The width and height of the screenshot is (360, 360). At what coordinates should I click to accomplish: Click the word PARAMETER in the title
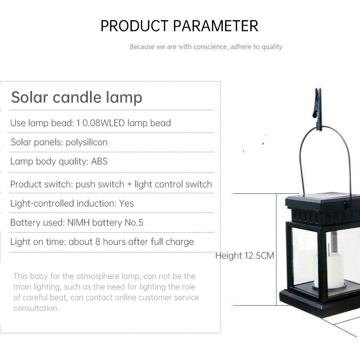216,26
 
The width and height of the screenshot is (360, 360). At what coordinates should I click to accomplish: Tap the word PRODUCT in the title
134,26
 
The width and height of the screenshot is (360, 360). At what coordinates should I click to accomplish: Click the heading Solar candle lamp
77,97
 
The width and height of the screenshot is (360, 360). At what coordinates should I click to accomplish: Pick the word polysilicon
87,142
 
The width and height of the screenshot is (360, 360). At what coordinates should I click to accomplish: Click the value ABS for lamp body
99,161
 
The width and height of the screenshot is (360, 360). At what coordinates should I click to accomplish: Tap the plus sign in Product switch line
129,184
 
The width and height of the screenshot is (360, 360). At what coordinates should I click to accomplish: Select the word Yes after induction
126,203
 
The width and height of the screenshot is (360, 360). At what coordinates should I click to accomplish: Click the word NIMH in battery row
78,223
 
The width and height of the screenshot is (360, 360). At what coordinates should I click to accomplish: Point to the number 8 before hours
98,242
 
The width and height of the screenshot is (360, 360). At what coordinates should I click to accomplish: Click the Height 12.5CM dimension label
245,256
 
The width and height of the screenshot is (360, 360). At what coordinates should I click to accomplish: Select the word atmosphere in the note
97,276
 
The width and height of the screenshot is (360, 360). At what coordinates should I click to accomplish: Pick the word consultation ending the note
36,308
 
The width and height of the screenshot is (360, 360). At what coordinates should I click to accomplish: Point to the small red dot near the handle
263,143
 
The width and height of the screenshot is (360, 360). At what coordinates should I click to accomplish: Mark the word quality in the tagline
272,47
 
